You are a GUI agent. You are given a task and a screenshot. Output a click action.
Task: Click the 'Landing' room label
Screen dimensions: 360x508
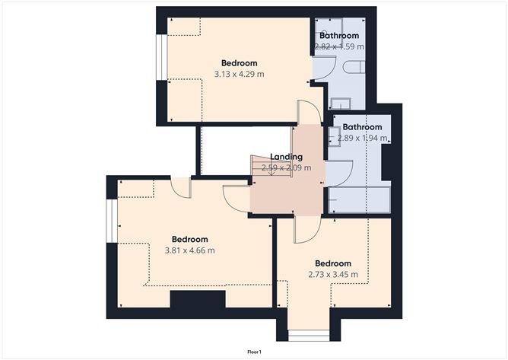286,157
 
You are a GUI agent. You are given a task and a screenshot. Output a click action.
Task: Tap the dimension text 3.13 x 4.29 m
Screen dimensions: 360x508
240,75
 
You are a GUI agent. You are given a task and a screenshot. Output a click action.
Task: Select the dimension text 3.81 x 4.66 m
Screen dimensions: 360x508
189,250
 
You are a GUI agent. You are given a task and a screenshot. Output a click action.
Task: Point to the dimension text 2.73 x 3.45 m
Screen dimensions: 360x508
333,275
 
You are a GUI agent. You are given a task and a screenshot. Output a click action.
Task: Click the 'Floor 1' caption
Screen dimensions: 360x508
254,352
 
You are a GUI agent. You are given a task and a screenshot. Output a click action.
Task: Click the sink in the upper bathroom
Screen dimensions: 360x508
339,103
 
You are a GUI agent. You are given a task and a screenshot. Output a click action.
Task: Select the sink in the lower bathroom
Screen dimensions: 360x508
334,135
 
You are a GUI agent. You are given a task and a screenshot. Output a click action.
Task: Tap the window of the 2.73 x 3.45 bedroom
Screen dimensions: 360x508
307,336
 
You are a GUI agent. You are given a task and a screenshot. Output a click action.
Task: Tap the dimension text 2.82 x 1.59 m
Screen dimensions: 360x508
340,46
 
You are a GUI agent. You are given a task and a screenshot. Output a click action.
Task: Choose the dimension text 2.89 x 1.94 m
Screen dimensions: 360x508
362,139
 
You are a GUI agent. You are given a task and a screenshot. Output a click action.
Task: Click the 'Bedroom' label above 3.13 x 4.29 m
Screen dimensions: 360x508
239,62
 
